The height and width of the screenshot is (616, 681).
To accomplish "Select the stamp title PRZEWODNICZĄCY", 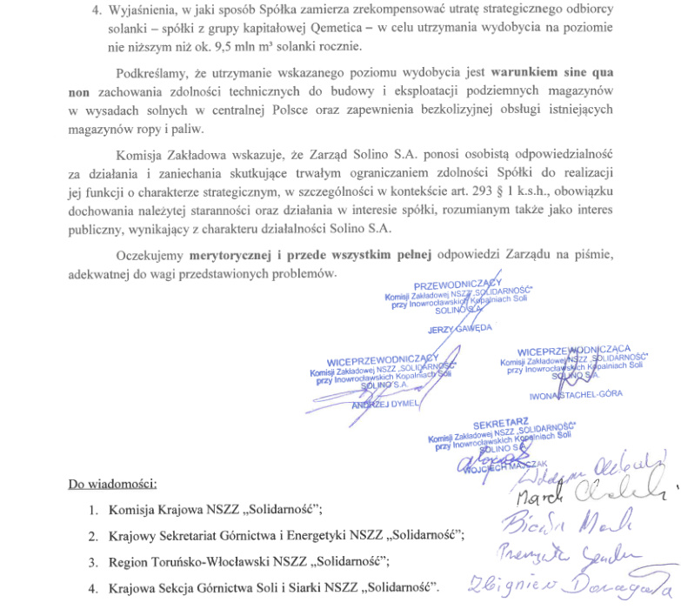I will pos(457,285).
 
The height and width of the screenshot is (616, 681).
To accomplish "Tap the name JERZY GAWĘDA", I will pos(460,329).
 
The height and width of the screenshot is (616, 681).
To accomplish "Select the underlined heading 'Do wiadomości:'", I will pos(112,484).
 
